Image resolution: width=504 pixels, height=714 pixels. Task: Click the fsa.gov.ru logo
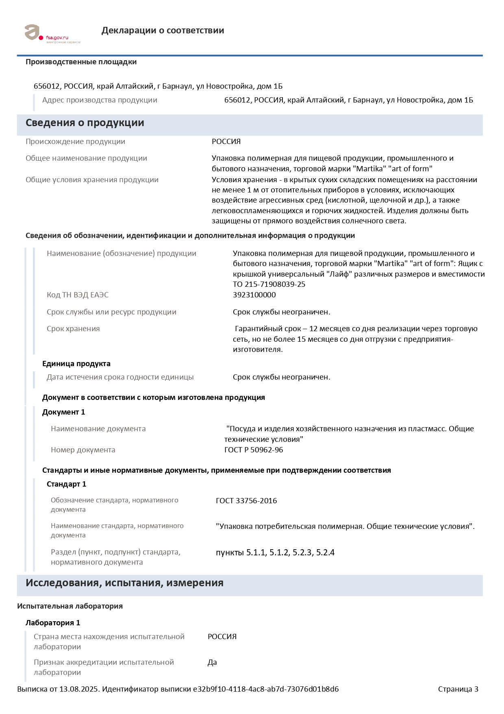click(52, 33)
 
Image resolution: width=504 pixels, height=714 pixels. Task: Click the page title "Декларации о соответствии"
click(163, 31)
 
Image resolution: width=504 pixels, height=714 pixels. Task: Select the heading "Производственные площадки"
click(81, 62)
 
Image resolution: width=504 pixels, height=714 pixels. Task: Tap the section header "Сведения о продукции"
click(85, 123)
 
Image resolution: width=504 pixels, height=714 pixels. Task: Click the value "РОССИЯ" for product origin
click(226, 142)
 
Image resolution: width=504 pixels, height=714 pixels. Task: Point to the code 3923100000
click(254, 295)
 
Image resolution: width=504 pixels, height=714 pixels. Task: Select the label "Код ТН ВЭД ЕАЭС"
click(78, 295)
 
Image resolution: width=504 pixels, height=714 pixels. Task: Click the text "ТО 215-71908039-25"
click(269, 284)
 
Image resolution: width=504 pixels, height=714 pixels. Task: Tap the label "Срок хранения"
click(73, 329)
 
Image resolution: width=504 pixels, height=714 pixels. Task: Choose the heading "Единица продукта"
click(76, 364)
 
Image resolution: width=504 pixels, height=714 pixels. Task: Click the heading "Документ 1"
click(63, 412)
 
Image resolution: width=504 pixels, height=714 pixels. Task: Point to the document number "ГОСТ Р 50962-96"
click(254, 450)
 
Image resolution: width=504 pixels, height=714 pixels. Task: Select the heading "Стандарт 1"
click(66, 484)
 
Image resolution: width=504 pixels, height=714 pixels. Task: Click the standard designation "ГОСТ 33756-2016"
click(246, 501)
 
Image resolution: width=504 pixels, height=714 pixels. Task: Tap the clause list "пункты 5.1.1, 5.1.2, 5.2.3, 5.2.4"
click(275, 552)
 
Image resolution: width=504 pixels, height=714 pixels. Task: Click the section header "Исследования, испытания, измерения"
click(124, 583)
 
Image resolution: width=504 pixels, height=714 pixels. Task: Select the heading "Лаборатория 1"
click(53, 623)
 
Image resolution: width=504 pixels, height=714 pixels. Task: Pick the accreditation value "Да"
click(212, 662)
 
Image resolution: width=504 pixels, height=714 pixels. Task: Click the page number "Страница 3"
click(458, 689)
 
